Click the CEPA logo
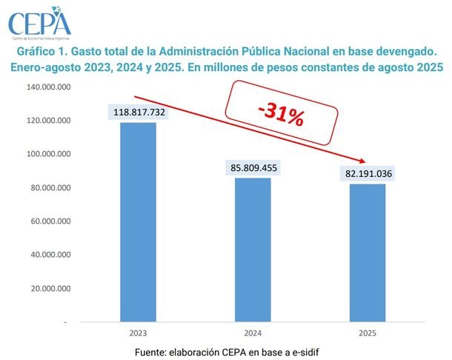pos(39,23)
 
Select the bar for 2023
pos(138,222)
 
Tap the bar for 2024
pos(253,250)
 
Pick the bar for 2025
pos(368,253)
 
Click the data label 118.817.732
pos(139,112)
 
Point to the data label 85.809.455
pos(253,167)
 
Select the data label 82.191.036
pos(368,173)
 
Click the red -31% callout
pos(281,113)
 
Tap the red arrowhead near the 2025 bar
pos(362,161)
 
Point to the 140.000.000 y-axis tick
pos(48,87)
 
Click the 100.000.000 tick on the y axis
pos(48,154)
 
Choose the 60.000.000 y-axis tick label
pos(50,221)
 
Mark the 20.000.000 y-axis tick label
pos(50,288)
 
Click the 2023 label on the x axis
pos(138,333)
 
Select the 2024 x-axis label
pos(253,333)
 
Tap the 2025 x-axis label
pos(368,333)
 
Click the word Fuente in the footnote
pos(150,352)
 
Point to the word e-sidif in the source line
pos(305,352)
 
